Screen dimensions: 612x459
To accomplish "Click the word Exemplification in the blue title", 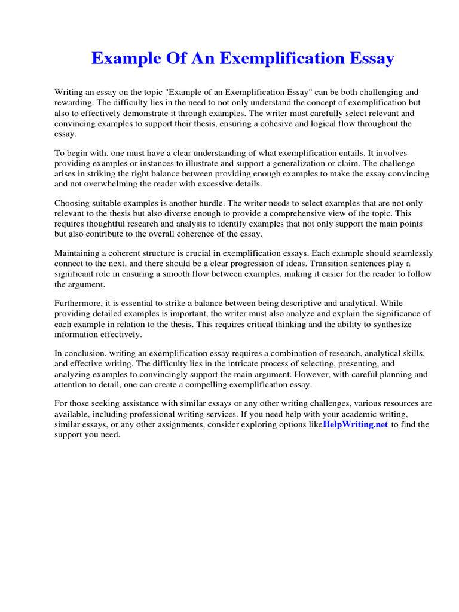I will (279, 59).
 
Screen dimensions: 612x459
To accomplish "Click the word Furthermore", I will (79, 303).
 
